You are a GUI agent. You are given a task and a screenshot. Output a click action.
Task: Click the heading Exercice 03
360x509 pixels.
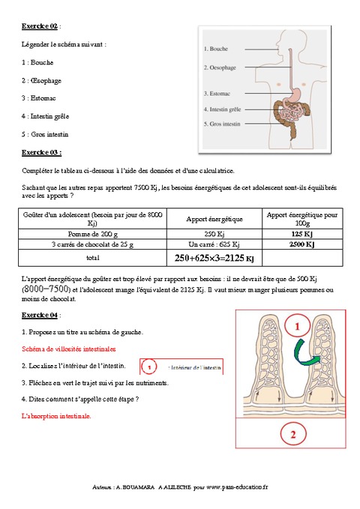40,152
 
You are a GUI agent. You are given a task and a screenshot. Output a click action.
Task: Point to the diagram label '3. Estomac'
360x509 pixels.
217,94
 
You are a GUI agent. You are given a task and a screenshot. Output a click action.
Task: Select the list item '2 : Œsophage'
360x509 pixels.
42,80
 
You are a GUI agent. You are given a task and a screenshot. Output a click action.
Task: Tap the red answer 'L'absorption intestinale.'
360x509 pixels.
56,415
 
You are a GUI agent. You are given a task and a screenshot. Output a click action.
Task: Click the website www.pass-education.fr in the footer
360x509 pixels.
241,486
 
